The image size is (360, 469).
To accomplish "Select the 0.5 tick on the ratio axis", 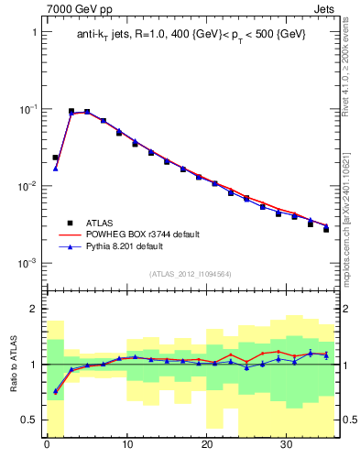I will tap(30, 420).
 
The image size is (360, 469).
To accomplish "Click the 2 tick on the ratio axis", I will tap(34, 310).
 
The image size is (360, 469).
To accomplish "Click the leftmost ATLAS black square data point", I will tap(55, 158).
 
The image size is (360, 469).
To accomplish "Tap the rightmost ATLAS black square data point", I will tap(326, 229).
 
